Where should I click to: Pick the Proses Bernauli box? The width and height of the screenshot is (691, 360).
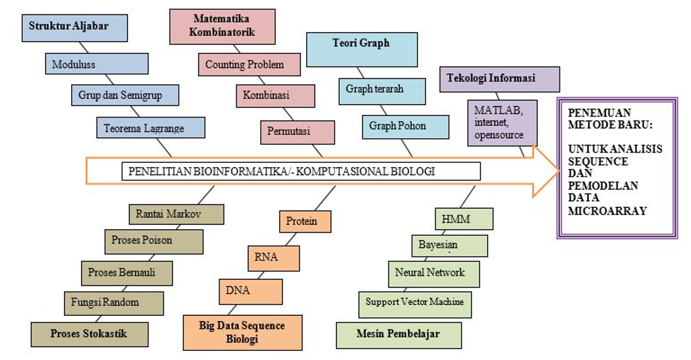(127, 272)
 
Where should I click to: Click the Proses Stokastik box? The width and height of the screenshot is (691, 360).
(89, 334)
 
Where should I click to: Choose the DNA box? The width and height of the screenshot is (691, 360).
(241, 291)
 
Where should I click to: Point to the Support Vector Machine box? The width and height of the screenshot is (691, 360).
(414, 303)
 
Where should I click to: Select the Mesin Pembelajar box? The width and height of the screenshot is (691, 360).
(399, 335)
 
